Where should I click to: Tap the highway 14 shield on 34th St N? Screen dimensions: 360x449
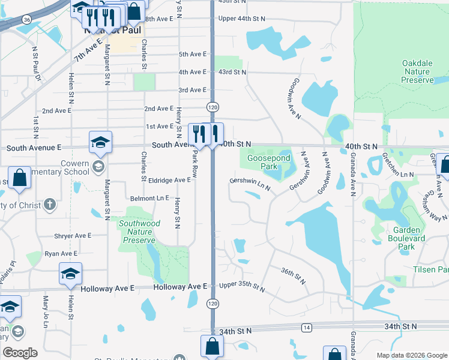pyautogui.click(x=307, y=327)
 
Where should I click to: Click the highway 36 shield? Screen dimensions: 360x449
pyautogui.click(x=26, y=20)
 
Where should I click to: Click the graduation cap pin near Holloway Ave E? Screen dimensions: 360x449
pyautogui.click(x=70, y=274)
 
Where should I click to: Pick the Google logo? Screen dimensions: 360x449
pyautogui.click(x=19, y=353)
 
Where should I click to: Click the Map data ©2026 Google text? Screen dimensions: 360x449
pyautogui.click(x=412, y=355)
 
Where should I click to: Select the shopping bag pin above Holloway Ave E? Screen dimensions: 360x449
pyautogui.click(x=19, y=178)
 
